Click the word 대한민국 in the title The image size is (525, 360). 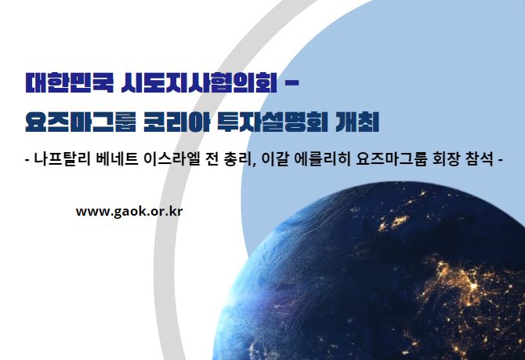(x=70, y=83)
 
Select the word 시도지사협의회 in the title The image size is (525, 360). (x=199, y=83)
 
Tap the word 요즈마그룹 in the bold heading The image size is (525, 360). (x=81, y=122)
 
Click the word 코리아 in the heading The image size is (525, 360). (x=176, y=122)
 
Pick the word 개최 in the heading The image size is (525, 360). (x=357, y=122)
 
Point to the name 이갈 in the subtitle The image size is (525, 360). (x=274, y=158)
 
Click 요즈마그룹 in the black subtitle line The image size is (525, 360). (x=392, y=158)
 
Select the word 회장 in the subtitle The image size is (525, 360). (x=447, y=158)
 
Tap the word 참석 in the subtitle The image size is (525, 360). (x=480, y=158)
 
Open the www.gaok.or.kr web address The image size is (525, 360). (x=129, y=212)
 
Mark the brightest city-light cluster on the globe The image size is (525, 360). (x=473, y=286)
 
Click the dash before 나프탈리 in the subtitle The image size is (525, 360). (x=27, y=159)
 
